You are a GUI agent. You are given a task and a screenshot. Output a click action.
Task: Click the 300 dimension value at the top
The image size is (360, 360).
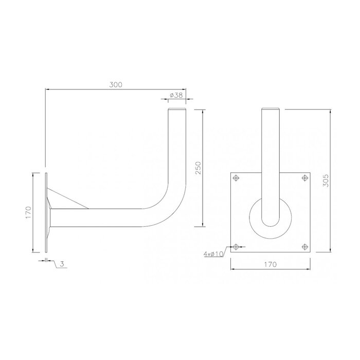[x=116, y=85]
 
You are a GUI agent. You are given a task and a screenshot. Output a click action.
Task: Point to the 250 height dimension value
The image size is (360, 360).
[x=199, y=168]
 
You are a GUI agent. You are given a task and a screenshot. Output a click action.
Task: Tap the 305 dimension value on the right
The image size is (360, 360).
[x=325, y=180]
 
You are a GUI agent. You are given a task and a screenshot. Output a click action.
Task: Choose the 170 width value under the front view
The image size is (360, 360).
[x=271, y=264]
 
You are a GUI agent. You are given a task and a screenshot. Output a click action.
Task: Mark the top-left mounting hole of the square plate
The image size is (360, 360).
[x=236, y=178]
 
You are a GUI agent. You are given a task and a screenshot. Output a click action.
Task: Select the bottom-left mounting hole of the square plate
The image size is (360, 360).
[x=236, y=246]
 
